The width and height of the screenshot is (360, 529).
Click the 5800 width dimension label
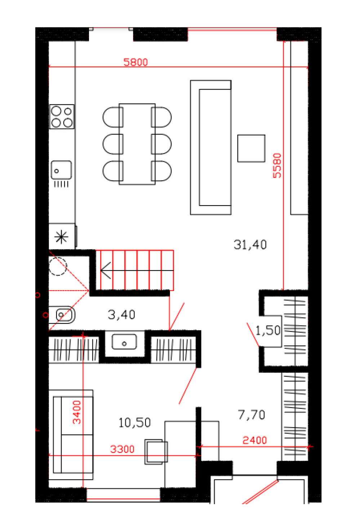coord(135,62)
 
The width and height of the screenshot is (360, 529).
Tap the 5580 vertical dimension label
coord(277,165)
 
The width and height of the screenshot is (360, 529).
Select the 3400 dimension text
coord(77,412)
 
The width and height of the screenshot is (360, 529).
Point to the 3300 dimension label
coord(122,449)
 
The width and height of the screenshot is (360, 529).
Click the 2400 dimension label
coord(254,440)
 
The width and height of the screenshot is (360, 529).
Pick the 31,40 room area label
coord(250,245)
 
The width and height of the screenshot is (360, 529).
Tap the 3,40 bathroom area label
coord(121,314)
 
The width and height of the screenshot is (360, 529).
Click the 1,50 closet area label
coord(268,330)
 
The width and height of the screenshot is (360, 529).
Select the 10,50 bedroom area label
coord(134,422)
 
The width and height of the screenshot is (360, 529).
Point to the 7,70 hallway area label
coord(251,415)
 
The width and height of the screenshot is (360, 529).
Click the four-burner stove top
coord(62,117)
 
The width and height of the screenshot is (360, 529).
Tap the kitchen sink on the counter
coord(61,170)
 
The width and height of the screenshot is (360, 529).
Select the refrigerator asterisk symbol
coord(61,237)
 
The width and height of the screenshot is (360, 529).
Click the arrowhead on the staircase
coord(106,270)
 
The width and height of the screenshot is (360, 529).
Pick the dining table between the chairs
coord(137,144)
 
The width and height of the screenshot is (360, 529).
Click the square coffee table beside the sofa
coord(251,149)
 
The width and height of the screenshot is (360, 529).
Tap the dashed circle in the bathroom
coord(58,266)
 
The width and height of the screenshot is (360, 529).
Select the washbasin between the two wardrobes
coord(124,341)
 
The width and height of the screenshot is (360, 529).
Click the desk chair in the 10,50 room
coord(156,452)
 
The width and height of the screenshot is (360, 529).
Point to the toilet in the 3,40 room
coord(62,315)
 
